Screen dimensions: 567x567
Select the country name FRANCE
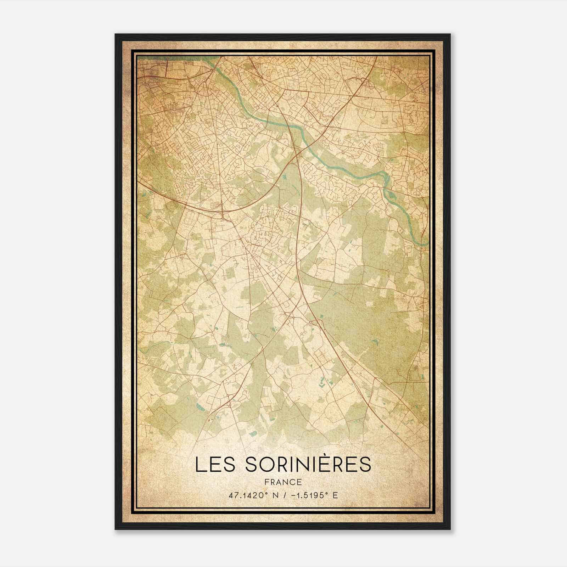[x=283, y=482]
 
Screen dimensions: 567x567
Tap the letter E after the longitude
[x=335, y=495]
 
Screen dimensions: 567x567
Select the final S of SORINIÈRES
[x=364, y=465]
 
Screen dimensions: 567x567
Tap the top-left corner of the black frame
[x=116, y=34]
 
